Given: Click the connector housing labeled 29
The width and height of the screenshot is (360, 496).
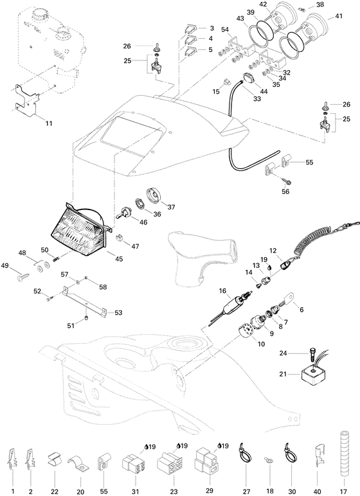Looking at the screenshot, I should point(208,461).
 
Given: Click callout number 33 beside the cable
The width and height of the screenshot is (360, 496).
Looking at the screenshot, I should point(257,100).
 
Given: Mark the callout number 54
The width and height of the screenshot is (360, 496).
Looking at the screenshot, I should point(225,31).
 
